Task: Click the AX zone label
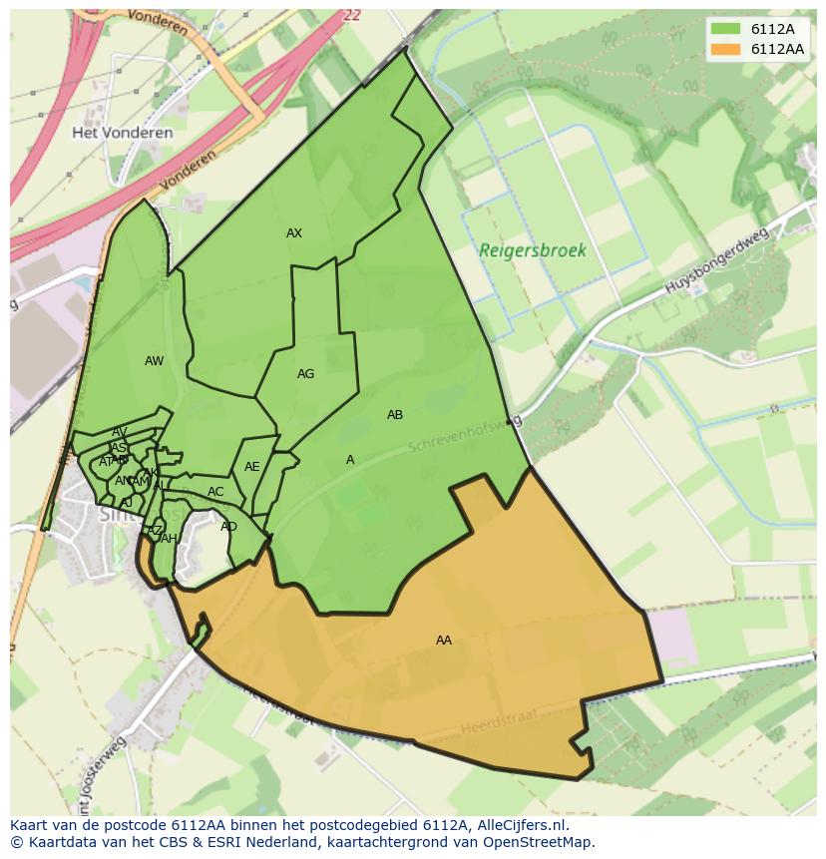click(x=294, y=233)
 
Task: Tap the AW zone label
click(x=154, y=361)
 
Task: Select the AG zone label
click(x=305, y=374)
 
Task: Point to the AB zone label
click(x=395, y=415)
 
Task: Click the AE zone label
click(x=252, y=467)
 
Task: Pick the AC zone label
click(x=215, y=492)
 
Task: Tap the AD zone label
click(x=229, y=527)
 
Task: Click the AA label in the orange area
click(x=444, y=641)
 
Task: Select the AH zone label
click(x=169, y=539)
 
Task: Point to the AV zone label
click(x=120, y=433)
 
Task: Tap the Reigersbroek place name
click(x=533, y=251)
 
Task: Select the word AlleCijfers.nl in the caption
click(x=519, y=825)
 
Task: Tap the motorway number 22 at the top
click(x=350, y=15)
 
